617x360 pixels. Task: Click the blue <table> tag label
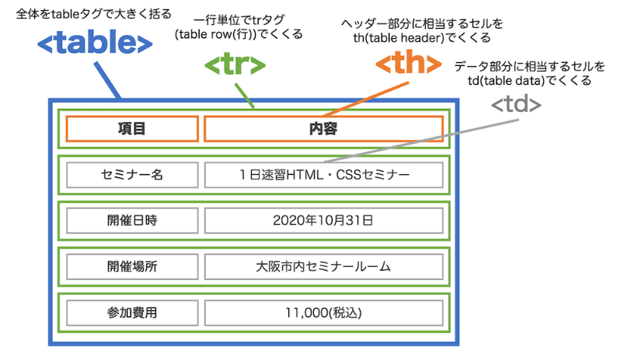click(95, 45)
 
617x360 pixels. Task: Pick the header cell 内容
click(323, 128)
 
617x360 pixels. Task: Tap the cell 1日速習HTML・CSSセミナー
click(323, 175)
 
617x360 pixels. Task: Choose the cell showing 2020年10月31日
click(323, 220)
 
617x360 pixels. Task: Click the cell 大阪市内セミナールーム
click(323, 266)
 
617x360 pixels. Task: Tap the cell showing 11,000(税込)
click(323, 313)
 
